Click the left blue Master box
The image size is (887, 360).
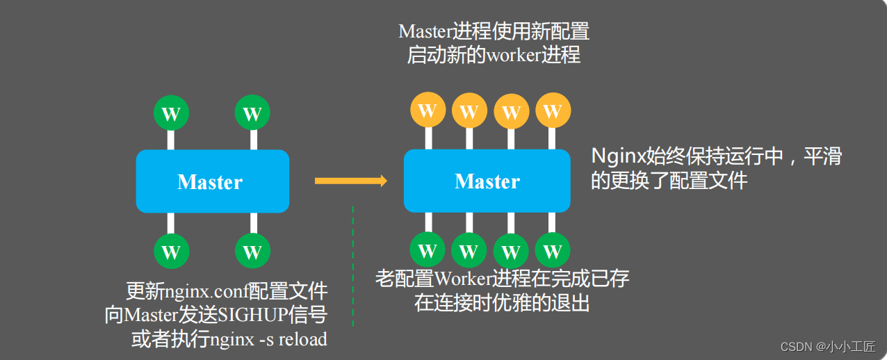click(x=212, y=181)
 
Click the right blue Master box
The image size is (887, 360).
click(x=487, y=181)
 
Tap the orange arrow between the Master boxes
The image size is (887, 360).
click(x=350, y=181)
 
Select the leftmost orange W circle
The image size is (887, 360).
click(x=428, y=111)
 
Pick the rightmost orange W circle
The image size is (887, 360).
click(x=553, y=111)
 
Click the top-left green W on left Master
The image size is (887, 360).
click(x=171, y=113)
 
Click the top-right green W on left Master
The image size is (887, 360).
click(x=252, y=113)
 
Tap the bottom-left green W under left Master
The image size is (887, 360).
click(x=171, y=251)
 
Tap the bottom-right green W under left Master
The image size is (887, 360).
click(x=252, y=251)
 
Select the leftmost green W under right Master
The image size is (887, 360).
click(x=428, y=250)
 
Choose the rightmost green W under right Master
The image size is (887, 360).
click(x=553, y=250)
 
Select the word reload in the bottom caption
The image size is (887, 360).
click(x=303, y=339)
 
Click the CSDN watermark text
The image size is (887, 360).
click(x=796, y=346)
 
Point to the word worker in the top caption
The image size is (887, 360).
click(x=514, y=55)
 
